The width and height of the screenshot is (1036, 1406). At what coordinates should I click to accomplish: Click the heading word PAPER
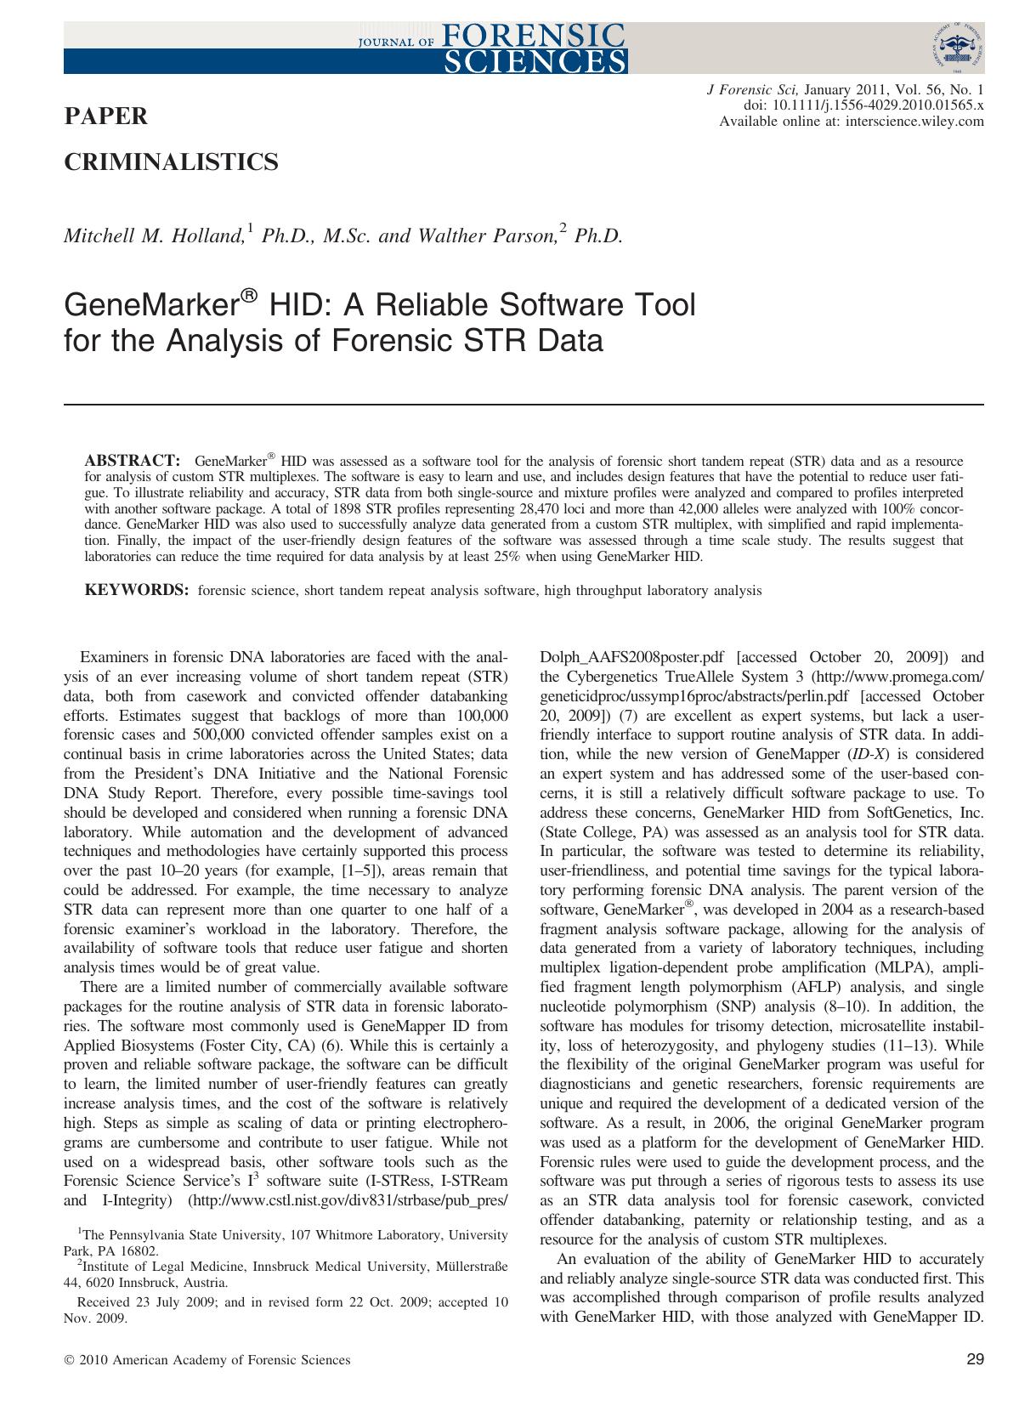point(106,116)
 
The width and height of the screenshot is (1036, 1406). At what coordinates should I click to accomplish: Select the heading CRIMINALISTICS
point(171,162)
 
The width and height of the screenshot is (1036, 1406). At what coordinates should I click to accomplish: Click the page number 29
point(975,1360)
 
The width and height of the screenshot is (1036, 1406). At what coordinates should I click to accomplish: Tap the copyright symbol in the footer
point(69,1361)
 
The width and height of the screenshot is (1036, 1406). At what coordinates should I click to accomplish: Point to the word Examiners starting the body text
point(113,657)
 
